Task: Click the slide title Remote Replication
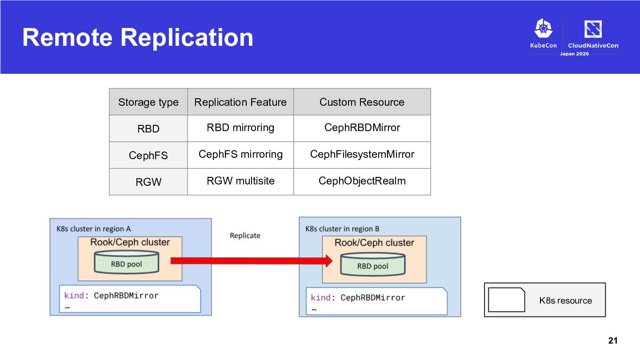pos(138,37)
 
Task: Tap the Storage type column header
pos(148,102)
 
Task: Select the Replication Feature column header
pos(240,102)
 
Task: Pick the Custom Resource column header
pos(362,102)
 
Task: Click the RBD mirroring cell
pos(240,128)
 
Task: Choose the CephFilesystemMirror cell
pos(362,154)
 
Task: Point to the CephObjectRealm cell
pos(362,181)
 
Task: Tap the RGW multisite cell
pos(240,181)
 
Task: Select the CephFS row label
pos(148,156)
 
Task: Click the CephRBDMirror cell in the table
pos(362,128)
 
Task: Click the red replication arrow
pos(252,260)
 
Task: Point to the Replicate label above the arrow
pos(245,236)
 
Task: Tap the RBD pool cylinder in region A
pos(126,262)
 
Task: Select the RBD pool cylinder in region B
pos(372,264)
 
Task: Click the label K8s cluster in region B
pos(342,229)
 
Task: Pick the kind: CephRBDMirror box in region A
pos(130,299)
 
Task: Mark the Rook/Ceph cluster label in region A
pos(130,242)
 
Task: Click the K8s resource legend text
pos(565,300)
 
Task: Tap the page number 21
pos(613,340)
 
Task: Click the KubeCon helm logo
pos(544,28)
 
